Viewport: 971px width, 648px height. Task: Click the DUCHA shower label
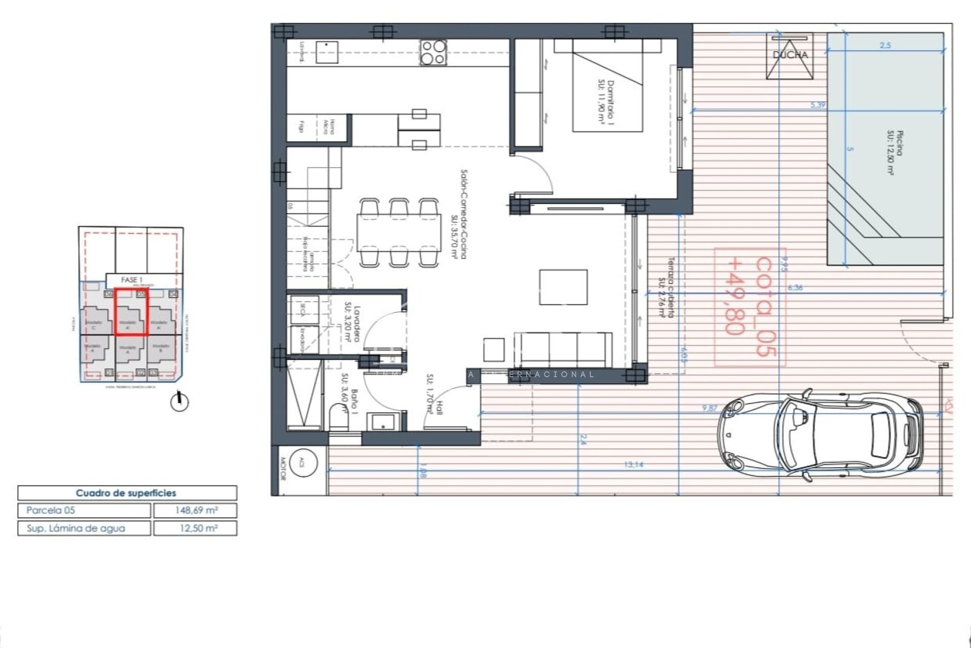point(790,55)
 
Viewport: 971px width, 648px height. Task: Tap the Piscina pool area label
point(893,152)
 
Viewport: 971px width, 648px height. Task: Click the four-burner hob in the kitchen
point(433,52)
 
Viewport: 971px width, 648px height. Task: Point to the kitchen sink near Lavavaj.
point(327,52)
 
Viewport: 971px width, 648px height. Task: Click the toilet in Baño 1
point(338,417)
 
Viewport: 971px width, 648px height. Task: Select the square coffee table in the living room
point(563,287)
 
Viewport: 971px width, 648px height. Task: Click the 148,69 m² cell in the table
point(195,510)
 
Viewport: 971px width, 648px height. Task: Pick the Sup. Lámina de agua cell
point(84,528)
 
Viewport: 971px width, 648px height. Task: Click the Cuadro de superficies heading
point(126,493)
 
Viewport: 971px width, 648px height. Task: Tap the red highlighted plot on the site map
point(131,312)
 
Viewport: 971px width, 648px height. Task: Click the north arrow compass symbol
point(179,402)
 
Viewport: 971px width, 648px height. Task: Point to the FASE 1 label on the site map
point(132,280)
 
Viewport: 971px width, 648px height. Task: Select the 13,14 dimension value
point(633,464)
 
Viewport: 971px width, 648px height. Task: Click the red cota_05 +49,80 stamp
point(750,307)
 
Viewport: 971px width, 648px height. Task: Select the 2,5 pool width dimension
point(885,46)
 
